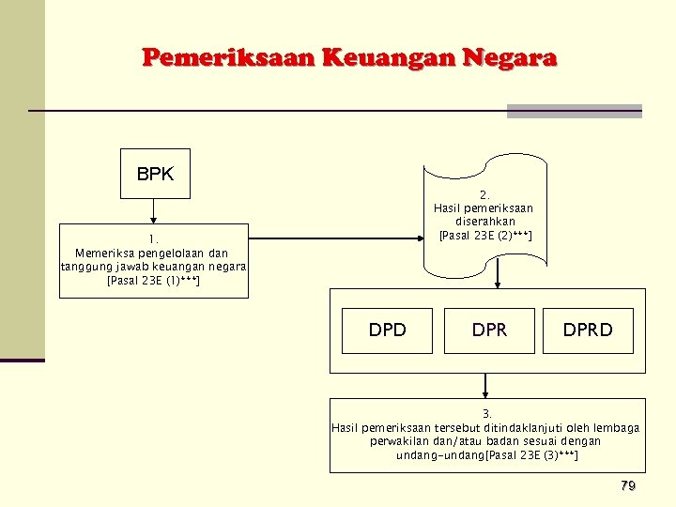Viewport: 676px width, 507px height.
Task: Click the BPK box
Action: click(x=155, y=174)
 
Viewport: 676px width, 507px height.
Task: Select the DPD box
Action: click(x=387, y=330)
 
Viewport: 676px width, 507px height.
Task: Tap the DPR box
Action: click(x=489, y=330)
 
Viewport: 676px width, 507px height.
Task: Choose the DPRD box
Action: click(x=588, y=330)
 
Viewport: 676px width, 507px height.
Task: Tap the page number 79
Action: click(x=628, y=485)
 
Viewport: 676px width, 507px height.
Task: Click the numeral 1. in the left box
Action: click(x=153, y=238)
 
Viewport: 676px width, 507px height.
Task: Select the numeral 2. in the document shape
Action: click(x=484, y=194)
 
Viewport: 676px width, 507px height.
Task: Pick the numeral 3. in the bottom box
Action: click(x=486, y=414)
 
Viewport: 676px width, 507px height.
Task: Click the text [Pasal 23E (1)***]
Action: click(x=153, y=280)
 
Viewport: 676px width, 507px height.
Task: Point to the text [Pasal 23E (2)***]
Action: click(x=485, y=235)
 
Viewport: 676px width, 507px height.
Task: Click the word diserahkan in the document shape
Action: click(x=485, y=222)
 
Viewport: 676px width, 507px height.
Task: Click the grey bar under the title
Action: click(x=574, y=111)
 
